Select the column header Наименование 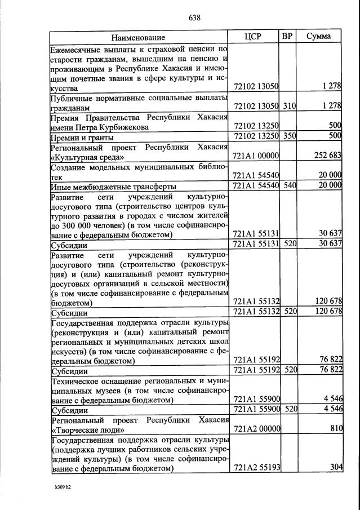click(138, 37)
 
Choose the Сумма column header click(319, 37)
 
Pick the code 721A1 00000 click(256, 156)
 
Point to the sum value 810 click(336, 429)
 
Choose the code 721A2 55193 click(256, 468)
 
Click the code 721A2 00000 click(256, 429)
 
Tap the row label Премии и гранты click(82, 137)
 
